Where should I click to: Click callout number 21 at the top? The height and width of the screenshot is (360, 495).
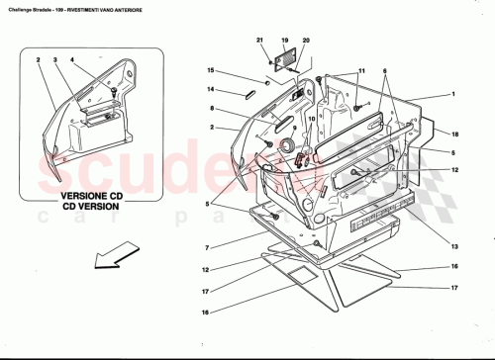tap(261, 41)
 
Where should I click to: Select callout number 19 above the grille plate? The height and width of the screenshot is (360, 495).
tap(284, 41)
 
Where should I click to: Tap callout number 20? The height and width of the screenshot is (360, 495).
tap(306, 41)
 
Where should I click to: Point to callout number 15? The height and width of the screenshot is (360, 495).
tap(211, 70)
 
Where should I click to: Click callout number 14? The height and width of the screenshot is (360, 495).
tap(211, 90)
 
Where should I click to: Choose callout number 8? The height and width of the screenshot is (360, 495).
tap(211, 109)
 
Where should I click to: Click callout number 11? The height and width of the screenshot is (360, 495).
tap(361, 72)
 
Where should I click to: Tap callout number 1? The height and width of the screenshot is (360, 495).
tap(452, 94)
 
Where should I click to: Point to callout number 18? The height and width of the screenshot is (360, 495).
tap(455, 133)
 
